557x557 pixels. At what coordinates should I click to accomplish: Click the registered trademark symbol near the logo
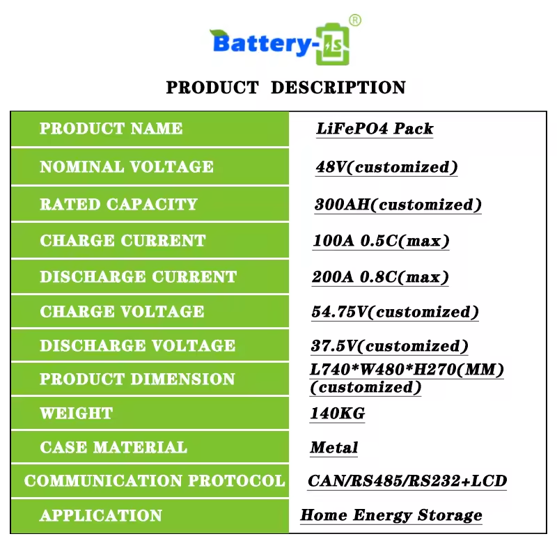(x=355, y=20)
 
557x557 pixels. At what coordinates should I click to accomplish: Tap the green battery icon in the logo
(x=333, y=44)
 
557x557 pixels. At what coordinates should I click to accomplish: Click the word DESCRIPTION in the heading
(x=338, y=88)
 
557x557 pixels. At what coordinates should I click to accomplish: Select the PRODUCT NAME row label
(x=111, y=129)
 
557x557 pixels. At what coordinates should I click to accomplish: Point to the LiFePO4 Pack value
(x=375, y=129)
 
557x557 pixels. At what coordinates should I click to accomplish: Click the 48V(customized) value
(x=386, y=167)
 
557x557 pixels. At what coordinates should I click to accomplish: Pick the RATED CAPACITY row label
(x=118, y=204)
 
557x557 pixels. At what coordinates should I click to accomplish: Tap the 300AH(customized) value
(x=398, y=205)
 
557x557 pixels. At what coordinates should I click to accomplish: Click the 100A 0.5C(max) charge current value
(x=381, y=241)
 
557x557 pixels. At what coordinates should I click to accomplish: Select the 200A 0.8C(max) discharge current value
(x=380, y=277)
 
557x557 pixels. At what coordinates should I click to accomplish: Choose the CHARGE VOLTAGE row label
(x=123, y=311)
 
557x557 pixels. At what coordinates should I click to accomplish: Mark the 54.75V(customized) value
(x=395, y=312)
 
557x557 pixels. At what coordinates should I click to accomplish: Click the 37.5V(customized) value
(x=389, y=346)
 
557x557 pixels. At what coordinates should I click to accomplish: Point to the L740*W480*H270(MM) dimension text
(x=407, y=370)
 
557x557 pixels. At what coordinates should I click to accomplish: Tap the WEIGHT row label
(x=77, y=414)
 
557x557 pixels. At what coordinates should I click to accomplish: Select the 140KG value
(x=338, y=414)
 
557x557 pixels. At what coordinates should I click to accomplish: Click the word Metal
(x=334, y=448)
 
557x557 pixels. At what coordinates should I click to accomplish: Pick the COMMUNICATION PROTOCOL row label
(x=155, y=481)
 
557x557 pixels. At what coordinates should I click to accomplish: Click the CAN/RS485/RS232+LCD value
(x=407, y=481)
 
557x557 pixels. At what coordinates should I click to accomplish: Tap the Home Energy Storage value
(x=391, y=515)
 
